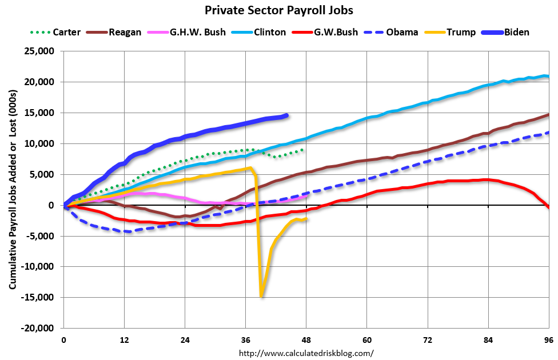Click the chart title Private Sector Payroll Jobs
tap(278, 10)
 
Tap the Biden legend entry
tap(516, 32)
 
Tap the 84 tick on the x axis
tap(488, 339)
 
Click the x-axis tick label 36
tap(245, 339)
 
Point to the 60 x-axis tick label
tap(366, 339)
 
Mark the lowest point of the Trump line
tap(261, 296)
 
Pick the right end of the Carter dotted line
tap(302, 150)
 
